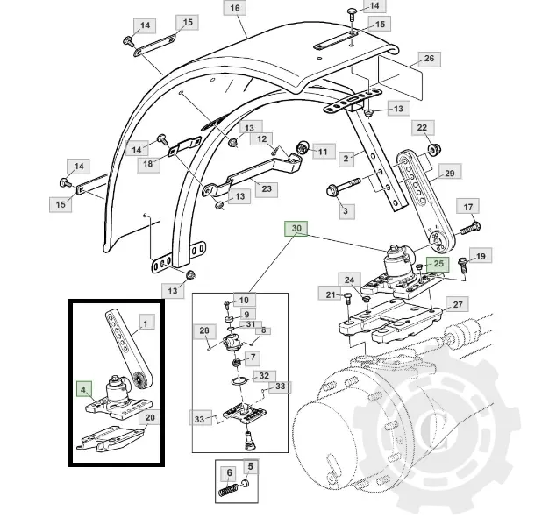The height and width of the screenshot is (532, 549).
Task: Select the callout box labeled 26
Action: (x=429, y=60)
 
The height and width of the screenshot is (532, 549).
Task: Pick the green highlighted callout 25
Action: (x=437, y=263)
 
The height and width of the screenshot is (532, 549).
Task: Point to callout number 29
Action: (x=448, y=174)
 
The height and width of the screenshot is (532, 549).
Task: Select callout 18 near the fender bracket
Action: (x=147, y=164)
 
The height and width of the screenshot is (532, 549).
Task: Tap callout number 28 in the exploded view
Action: (x=204, y=330)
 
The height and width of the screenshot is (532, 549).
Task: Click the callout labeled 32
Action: (x=261, y=375)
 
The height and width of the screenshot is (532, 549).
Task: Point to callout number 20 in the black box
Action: (x=149, y=418)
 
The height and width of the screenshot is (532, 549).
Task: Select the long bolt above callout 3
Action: (x=345, y=188)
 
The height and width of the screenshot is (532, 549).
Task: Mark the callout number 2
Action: (x=346, y=158)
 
